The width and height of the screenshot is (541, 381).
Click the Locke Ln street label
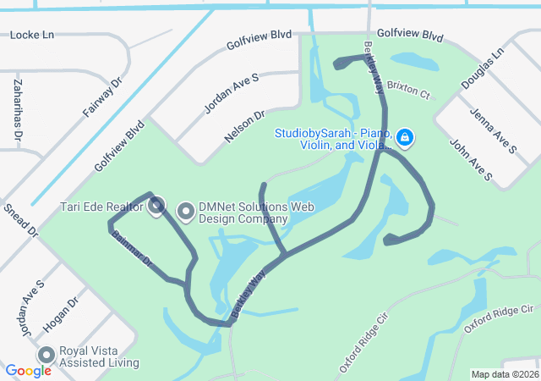pos(31,35)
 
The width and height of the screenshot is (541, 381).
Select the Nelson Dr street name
pos(244,124)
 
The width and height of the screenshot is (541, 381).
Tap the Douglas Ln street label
pos(482,69)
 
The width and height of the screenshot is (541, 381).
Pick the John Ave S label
pos(471,160)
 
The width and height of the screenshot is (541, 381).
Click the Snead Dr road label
pos(21,219)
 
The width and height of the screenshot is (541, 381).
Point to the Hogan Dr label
pos(59,312)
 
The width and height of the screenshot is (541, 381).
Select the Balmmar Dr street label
pos(132,250)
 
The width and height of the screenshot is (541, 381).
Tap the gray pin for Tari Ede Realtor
pos(156,205)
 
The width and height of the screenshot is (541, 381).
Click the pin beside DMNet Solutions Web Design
pos(184,209)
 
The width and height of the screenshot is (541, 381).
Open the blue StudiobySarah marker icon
pos(405,136)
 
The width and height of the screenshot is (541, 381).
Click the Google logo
pos(28,371)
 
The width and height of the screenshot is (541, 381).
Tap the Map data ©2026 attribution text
pos(504,374)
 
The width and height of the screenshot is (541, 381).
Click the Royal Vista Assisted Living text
pos(99,356)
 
